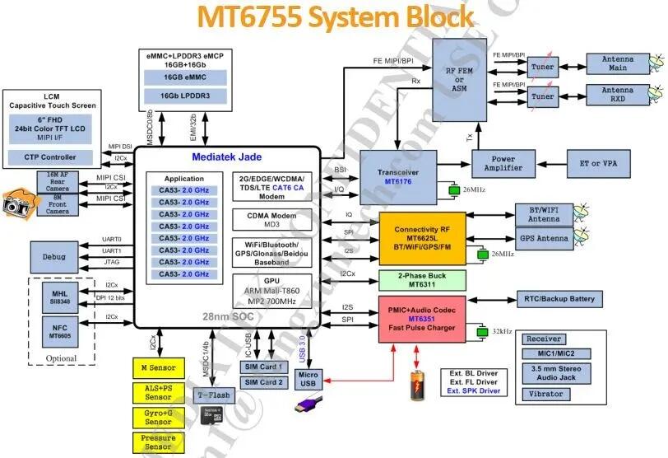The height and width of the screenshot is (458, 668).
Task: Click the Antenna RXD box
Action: click(x=618, y=96)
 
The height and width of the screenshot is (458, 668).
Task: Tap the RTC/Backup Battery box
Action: click(x=567, y=298)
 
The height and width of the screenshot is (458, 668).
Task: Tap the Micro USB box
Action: click(x=308, y=381)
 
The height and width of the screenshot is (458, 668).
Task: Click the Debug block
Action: click(x=53, y=257)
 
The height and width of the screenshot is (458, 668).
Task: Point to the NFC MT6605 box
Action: click(x=59, y=332)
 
